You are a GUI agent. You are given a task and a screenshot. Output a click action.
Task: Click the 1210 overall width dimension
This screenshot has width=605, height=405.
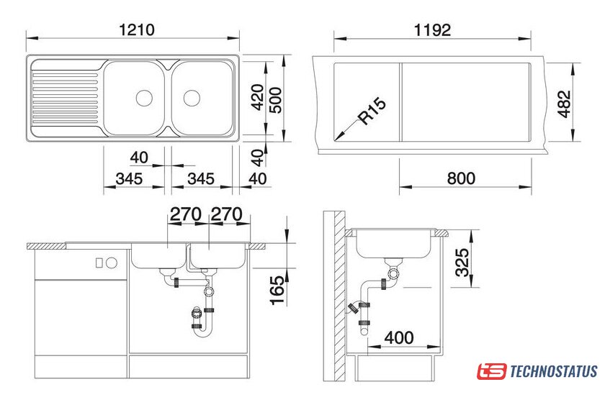137,29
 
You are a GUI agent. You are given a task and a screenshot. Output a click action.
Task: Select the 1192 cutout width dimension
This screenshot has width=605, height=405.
432,30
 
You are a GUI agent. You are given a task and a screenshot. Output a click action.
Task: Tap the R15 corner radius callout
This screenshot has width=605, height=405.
371,112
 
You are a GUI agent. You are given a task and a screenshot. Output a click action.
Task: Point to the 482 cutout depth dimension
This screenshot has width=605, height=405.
564,104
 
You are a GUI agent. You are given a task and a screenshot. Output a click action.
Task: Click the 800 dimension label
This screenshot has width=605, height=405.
461,178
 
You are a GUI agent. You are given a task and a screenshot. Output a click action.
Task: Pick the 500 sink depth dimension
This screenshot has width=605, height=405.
275,100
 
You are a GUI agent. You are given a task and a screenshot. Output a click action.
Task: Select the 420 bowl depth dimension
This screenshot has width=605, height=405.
258,97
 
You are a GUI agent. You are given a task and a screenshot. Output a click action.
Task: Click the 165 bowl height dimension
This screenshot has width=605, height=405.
277,291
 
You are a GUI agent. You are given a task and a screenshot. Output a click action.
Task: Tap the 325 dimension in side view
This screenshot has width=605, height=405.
462,263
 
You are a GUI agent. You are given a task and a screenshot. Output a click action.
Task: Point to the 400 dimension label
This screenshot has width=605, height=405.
399,338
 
